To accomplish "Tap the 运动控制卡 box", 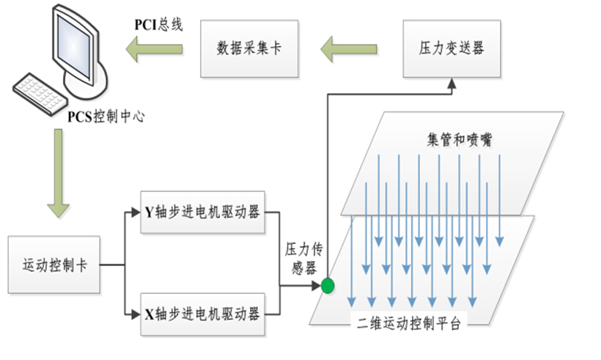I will click(55, 265).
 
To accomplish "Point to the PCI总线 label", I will click(158, 25).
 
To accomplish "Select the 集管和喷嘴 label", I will click(459, 139).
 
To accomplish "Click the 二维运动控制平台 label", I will click(411, 323).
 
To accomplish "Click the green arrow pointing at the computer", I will click(154, 51).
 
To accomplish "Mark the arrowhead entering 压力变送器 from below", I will click(452, 85).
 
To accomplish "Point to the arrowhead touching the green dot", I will click(317, 285).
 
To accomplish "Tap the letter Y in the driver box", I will click(147, 213).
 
